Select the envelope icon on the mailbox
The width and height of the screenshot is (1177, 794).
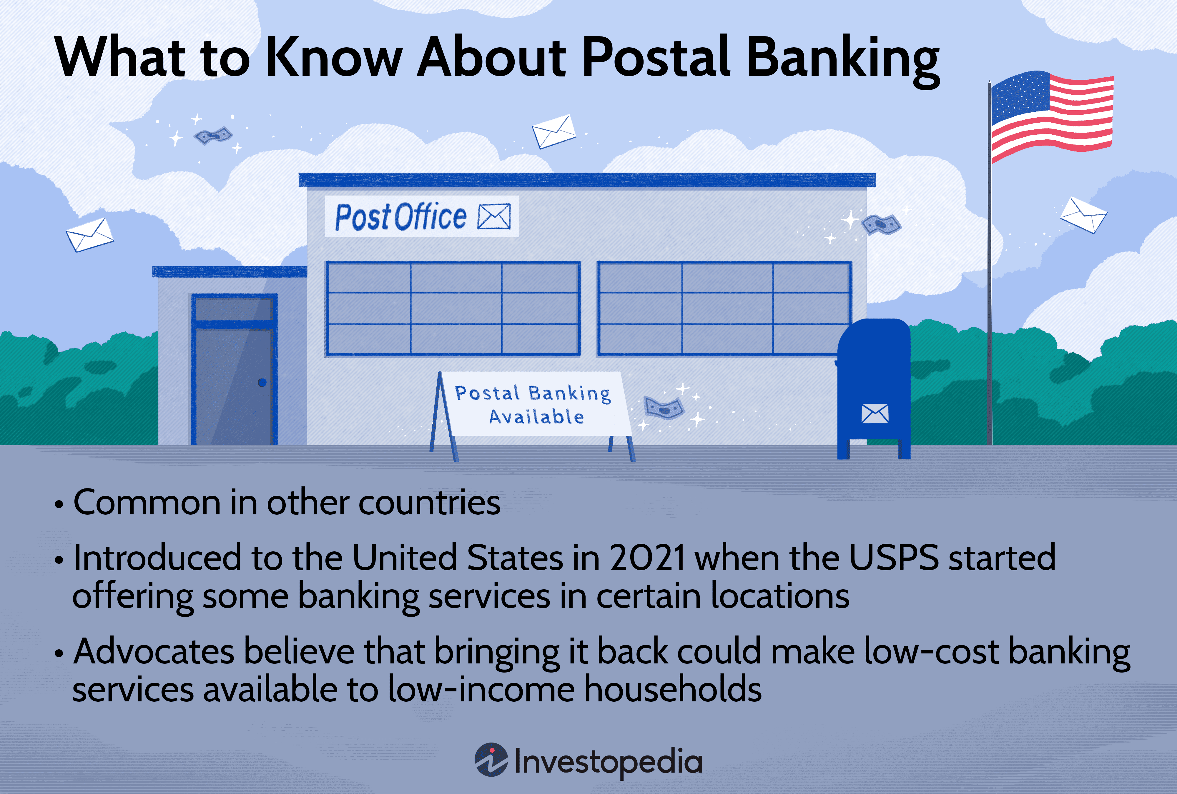tap(875, 414)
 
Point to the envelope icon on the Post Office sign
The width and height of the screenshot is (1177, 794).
tap(494, 217)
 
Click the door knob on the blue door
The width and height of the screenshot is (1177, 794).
tap(262, 383)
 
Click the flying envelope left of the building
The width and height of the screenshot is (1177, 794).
tap(90, 235)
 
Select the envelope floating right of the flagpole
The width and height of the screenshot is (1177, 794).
tap(1083, 215)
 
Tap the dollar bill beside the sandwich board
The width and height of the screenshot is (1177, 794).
tap(664, 407)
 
